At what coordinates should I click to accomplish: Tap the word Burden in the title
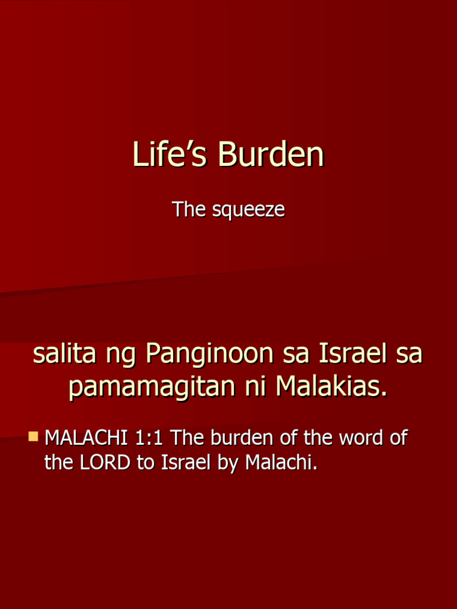point(271,155)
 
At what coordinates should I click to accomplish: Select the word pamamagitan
point(152,388)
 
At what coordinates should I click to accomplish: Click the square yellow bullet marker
point(34,437)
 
